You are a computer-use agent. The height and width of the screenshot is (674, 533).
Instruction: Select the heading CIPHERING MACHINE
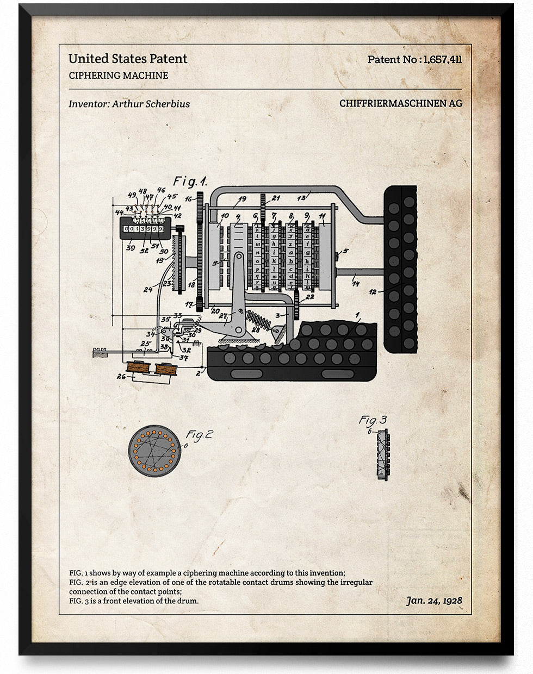coord(119,76)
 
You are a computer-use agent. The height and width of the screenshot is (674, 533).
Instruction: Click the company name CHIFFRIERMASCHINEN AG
coord(401,103)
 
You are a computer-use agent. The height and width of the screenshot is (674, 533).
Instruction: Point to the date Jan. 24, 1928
coord(434,601)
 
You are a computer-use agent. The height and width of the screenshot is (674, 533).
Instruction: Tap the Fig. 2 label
coord(200,435)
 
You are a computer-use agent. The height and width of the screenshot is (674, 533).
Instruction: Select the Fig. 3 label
coord(373,420)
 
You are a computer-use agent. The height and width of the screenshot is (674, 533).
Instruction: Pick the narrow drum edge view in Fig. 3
coord(384,454)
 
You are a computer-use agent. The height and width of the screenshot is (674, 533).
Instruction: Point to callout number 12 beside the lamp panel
coord(373,292)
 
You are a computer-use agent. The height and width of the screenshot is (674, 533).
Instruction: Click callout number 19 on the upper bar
coord(241,199)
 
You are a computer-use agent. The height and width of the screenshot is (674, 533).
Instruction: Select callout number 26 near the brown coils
coord(121,376)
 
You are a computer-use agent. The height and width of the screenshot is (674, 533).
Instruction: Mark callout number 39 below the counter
coord(130,248)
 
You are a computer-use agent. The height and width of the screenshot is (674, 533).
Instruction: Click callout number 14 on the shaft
coord(356,284)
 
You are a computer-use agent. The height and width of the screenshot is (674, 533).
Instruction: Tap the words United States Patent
coord(128,59)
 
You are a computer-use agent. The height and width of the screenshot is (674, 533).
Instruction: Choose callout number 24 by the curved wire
coord(148,290)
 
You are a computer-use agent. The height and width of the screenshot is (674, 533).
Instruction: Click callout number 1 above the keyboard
coord(357,315)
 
